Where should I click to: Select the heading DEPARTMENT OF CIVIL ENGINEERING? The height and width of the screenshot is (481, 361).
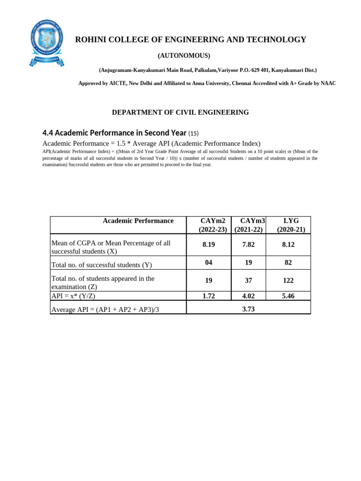click(180, 112)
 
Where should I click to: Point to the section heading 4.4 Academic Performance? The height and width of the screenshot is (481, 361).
click(115, 132)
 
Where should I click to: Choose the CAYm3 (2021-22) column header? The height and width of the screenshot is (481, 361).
click(249, 225)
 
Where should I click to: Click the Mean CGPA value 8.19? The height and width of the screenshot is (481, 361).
click(209, 245)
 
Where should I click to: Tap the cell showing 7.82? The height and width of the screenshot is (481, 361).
click(248, 245)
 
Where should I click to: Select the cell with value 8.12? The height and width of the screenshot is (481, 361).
click(288, 245)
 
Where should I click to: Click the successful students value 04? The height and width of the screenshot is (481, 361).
click(209, 263)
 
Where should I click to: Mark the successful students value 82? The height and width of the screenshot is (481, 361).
click(288, 263)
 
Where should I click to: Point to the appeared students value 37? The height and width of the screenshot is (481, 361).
click(248, 280)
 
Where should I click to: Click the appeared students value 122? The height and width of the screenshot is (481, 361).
click(288, 280)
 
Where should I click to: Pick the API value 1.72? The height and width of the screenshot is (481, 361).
click(209, 296)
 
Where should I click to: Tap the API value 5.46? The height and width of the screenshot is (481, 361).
click(288, 296)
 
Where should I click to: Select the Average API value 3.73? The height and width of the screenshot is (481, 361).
click(248, 309)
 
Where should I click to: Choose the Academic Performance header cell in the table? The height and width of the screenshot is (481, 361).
click(138, 221)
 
